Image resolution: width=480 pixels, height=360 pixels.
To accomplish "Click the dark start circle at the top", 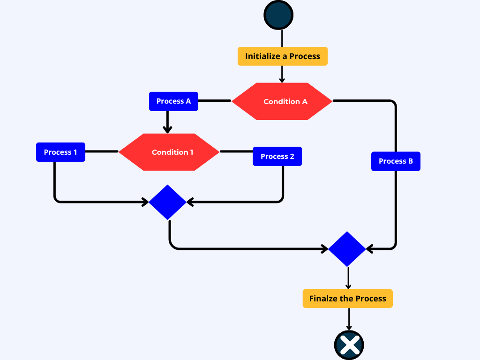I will [x=278, y=15].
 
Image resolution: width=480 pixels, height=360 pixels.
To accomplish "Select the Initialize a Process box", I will [x=282, y=56].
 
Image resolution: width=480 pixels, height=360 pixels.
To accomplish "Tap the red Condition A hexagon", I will [x=282, y=101].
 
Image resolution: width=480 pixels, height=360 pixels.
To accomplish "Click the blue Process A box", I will [x=173, y=101].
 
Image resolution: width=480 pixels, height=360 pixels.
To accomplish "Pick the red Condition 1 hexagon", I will [x=169, y=152].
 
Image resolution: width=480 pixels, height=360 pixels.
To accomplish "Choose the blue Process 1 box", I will [x=60, y=152].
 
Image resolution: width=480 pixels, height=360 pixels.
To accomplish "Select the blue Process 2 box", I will [x=277, y=157].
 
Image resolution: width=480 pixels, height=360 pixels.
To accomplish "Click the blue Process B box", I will [x=396, y=161].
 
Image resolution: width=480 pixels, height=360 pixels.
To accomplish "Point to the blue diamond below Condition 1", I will [x=167, y=202].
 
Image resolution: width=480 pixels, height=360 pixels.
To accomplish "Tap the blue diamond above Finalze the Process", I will [x=347, y=249].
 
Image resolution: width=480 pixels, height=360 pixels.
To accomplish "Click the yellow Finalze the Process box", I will [x=347, y=299].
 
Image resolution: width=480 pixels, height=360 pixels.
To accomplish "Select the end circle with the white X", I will [x=349, y=345].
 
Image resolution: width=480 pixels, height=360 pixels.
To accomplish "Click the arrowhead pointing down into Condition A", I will [x=282, y=80].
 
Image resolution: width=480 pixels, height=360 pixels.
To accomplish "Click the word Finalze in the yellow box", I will [x=325, y=299].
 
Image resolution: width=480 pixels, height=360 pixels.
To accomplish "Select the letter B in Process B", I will [x=410, y=161].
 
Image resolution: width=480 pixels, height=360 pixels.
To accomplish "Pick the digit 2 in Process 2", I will [x=292, y=157].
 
